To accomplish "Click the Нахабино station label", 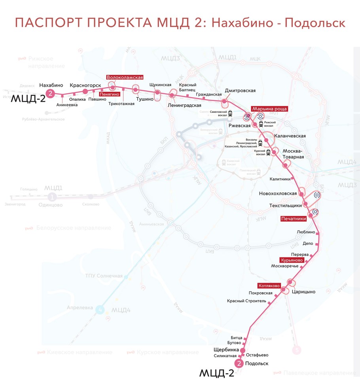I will pos(51,85).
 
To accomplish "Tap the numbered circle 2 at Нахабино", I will pos(50,94).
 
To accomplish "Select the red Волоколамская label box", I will pos(125,78).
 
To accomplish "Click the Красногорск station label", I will pos(85,85).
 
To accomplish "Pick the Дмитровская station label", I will pos(240,91).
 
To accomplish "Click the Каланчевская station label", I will pos(291,136).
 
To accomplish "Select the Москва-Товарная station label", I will pos(293,154).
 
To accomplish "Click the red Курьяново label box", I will pos(292,261).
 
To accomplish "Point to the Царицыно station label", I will pos(303,292).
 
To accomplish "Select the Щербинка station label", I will pos(226,350).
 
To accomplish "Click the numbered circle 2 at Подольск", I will pos(239,364).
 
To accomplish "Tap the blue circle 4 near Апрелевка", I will pos(101,310).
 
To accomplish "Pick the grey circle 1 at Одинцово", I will pos(51,197).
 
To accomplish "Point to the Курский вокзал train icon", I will pos(268,151).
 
